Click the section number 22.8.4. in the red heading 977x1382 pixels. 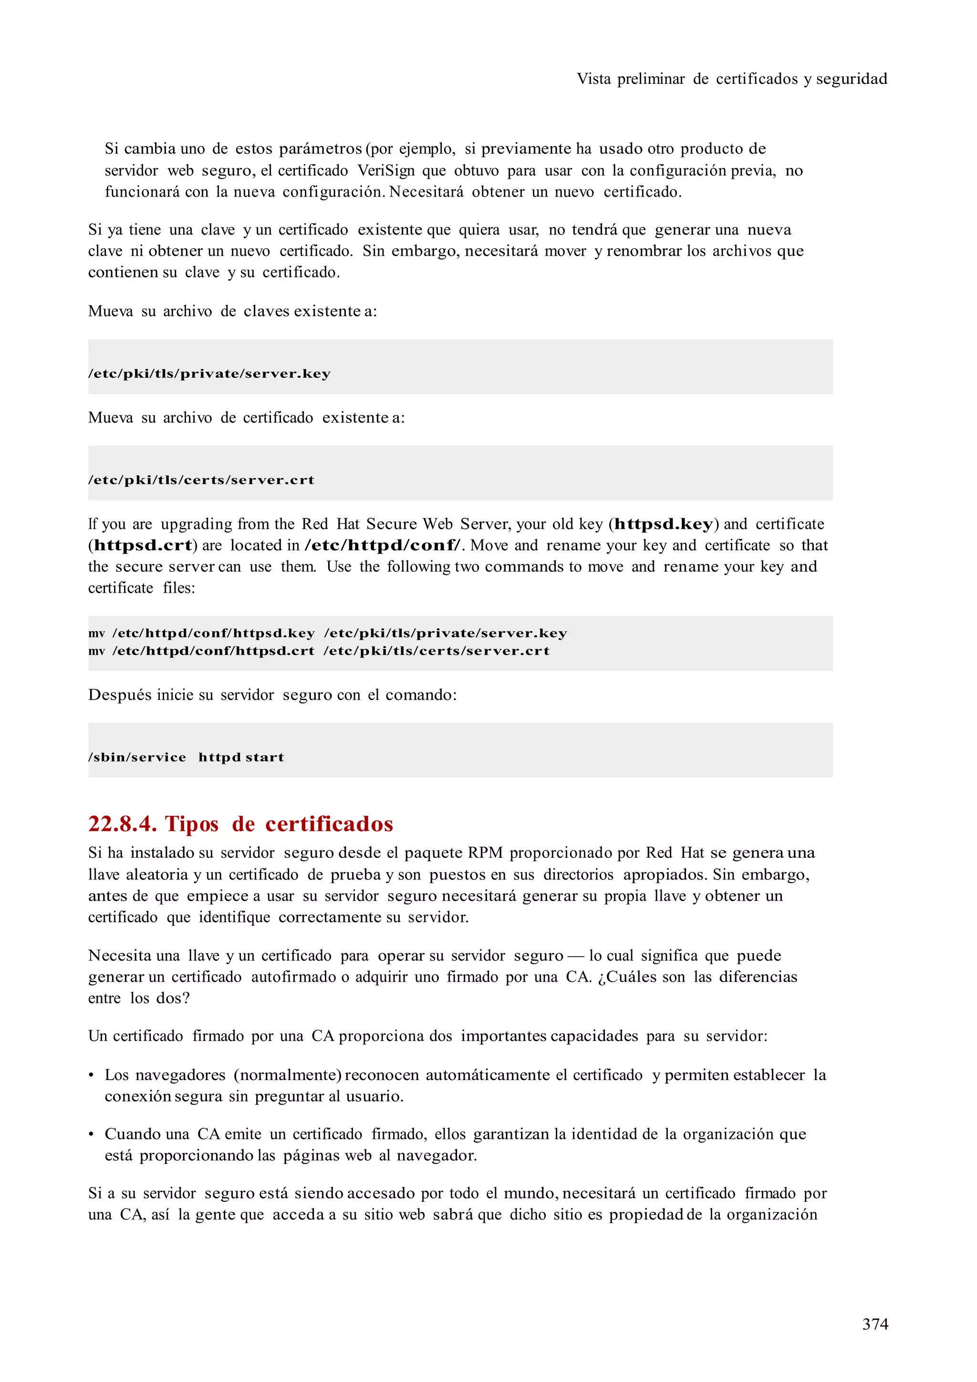pyautogui.click(x=122, y=824)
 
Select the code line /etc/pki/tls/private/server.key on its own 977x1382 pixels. pyautogui.click(x=209, y=374)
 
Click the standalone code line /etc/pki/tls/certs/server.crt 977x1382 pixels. pyautogui.click(x=201, y=480)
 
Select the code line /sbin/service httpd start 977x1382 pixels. pyautogui.click(x=186, y=757)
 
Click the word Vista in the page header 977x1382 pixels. pyautogui.click(x=593, y=79)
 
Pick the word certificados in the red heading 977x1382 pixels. pyautogui.click(x=329, y=824)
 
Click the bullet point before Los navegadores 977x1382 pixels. pyautogui.click(x=92, y=1076)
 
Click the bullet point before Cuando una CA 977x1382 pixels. pyautogui.click(x=92, y=1134)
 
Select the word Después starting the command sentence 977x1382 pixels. pyautogui.click(x=119, y=695)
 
